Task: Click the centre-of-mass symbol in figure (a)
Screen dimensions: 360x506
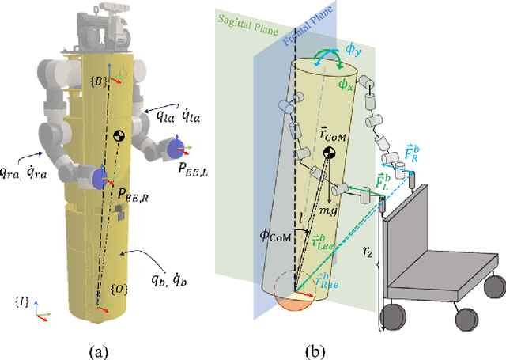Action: (119, 136)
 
